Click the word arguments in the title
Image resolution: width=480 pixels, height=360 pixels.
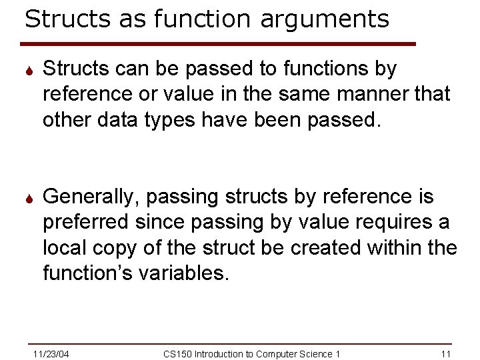pos(325,19)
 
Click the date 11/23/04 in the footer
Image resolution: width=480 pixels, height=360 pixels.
pos(52,353)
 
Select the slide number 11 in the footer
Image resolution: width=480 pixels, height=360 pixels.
pos(447,353)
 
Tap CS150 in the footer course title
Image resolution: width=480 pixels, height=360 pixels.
pos(177,353)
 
